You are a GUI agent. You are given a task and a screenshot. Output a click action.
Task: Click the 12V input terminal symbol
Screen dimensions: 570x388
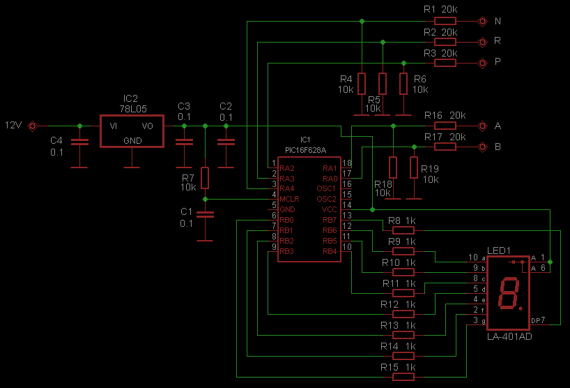coord(32,126)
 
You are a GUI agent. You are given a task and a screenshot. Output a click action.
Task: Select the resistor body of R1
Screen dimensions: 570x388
coord(445,21)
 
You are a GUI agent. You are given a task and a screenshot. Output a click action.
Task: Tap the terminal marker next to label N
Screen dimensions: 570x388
coord(482,21)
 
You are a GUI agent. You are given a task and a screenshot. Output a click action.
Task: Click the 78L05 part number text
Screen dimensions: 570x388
coord(132,109)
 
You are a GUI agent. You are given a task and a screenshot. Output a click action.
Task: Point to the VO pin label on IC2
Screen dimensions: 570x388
coord(147,126)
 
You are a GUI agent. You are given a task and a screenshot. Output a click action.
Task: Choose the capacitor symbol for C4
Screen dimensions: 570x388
coord(79,142)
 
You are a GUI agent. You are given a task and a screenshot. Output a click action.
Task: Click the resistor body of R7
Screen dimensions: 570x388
coord(205,178)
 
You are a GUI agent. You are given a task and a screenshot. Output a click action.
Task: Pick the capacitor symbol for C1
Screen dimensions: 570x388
coord(205,215)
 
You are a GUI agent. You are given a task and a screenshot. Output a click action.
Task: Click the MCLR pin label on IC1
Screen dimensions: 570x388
coord(289,199)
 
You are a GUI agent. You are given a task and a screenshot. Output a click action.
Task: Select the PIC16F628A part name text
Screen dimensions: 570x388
coord(305,150)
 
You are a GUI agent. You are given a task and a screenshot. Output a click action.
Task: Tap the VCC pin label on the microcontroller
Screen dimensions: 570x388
coord(330,209)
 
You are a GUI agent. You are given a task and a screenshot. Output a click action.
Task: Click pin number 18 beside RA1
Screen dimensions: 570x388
coord(347,163)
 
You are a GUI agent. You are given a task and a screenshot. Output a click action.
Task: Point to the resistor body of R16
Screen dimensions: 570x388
coord(445,126)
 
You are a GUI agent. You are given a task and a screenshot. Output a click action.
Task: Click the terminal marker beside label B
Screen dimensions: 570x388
coord(482,147)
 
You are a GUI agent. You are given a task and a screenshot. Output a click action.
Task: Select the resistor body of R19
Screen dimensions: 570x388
coord(414,167)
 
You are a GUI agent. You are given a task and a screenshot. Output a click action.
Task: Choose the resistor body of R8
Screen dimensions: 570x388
coord(403,230)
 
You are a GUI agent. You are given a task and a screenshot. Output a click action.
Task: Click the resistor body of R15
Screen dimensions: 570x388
coord(403,377)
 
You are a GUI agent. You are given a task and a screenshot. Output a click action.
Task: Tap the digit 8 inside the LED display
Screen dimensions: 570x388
coord(509,293)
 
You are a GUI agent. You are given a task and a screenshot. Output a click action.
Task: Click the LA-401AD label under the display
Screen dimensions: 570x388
coord(509,336)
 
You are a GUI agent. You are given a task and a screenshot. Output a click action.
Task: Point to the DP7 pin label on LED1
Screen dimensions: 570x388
coord(538,320)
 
